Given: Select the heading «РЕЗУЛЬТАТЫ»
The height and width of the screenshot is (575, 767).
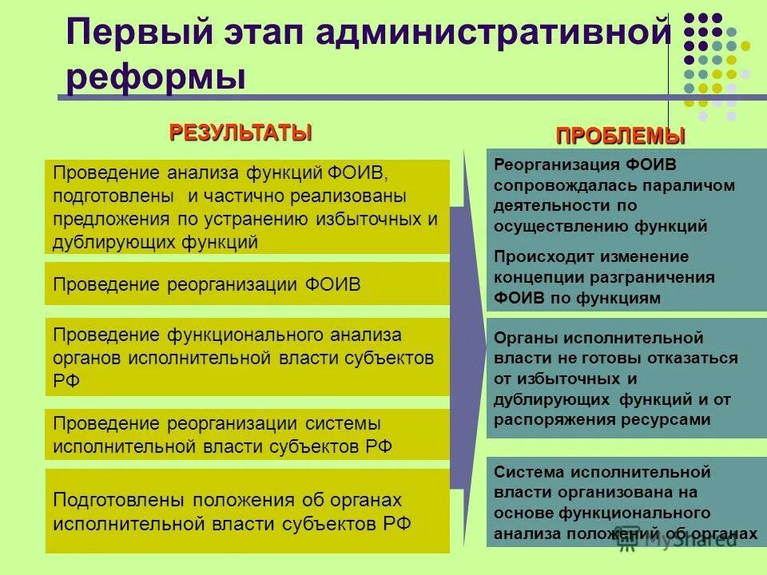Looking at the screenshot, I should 240,133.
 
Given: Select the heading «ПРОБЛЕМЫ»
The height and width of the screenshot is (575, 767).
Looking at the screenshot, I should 621,136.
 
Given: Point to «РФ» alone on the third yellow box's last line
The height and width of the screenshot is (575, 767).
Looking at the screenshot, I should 66,381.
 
